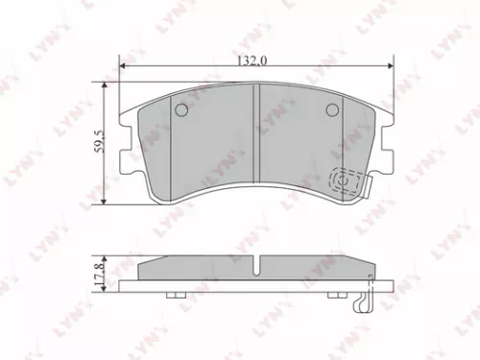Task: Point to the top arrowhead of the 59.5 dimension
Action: click(103, 85)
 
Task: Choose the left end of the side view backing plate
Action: click(123, 285)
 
